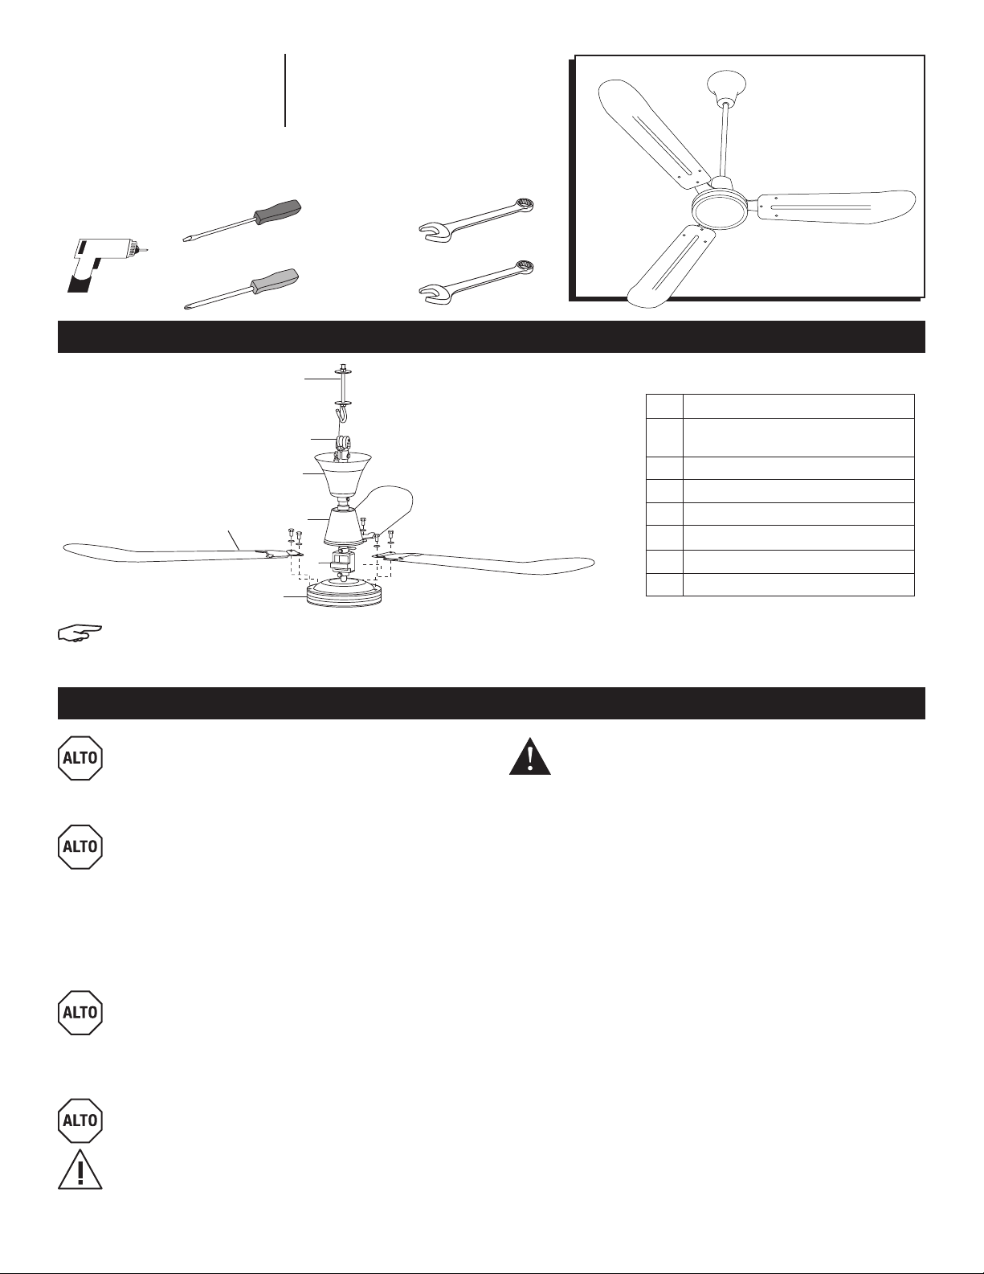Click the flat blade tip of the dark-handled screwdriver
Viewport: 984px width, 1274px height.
tap(185, 240)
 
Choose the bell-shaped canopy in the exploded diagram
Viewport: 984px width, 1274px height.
tap(343, 473)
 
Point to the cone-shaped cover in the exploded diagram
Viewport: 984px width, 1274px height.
tap(343, 526)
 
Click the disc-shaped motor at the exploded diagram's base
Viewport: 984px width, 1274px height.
tap(344, 592)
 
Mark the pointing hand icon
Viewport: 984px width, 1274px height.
tap(80, 633)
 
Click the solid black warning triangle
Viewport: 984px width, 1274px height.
tap(529, 756)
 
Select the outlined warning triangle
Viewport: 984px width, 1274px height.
tap(80, 1170)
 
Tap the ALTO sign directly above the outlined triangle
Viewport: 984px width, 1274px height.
tap(80, 1120)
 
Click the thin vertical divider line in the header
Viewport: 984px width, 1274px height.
tap(285, 90)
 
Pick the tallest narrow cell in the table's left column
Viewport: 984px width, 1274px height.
tap(664, 437)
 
